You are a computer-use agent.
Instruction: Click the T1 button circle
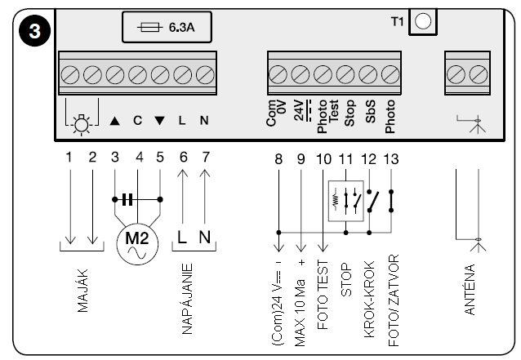(x=422, y=21)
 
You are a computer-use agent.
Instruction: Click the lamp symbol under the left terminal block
(x=82, y=120)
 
